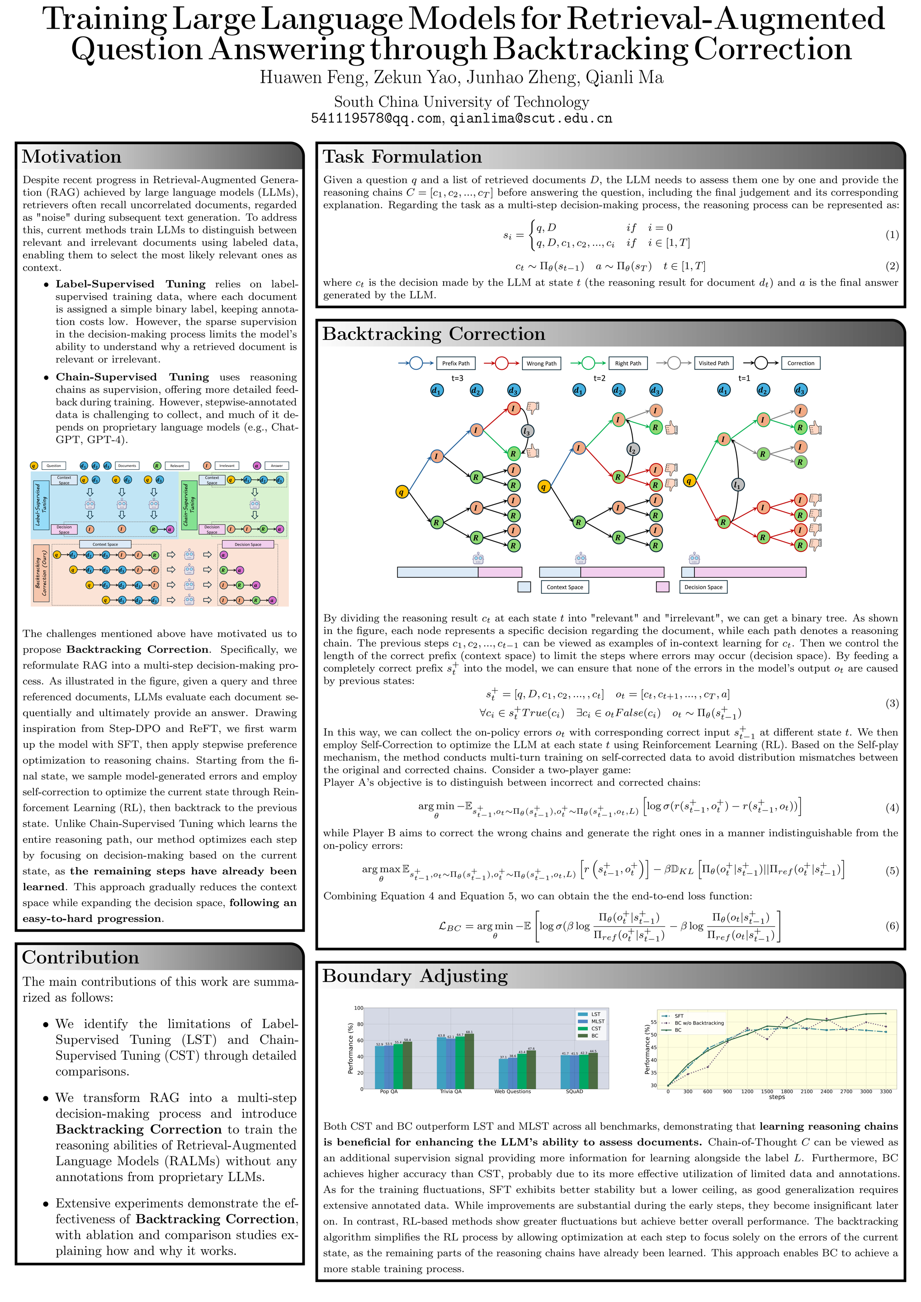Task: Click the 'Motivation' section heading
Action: [71, 156]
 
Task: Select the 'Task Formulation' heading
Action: [402, 156]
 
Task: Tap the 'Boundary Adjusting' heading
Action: [415, 976]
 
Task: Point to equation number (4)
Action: [892, 807]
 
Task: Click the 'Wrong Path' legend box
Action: [541, 363]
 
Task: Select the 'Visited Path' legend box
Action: [713, 363]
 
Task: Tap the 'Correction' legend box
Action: [800, 363]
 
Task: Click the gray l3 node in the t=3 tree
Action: [527, 432]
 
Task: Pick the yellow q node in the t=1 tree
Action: [689, 481]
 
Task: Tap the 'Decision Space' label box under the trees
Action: [703, 587]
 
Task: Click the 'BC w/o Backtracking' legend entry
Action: [699, 1023]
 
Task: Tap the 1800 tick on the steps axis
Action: [787, 1092]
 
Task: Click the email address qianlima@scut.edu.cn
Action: [531, 118]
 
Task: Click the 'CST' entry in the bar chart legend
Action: [595, 1028]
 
